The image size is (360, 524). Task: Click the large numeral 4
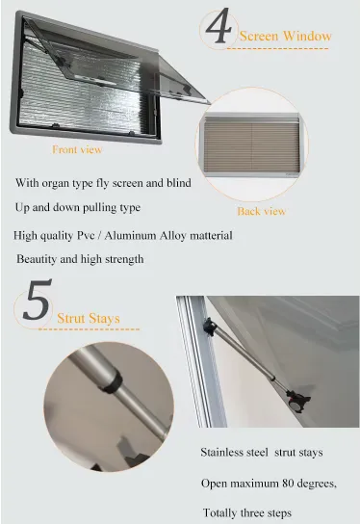[219, 26]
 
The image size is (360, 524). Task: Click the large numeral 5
[38, 300]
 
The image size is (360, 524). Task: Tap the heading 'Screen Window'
[286, 36]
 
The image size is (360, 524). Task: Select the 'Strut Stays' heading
[89, 318]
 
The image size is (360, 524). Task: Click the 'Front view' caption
[77, 149]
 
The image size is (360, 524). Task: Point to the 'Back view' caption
[262, 211]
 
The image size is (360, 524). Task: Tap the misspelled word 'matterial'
[211, 236]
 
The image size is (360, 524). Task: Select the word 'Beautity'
[37, 259]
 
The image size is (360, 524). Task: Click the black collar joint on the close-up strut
[112, 381]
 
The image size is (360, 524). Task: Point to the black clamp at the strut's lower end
[297, 400]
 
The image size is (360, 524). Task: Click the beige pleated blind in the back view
[251, 144]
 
